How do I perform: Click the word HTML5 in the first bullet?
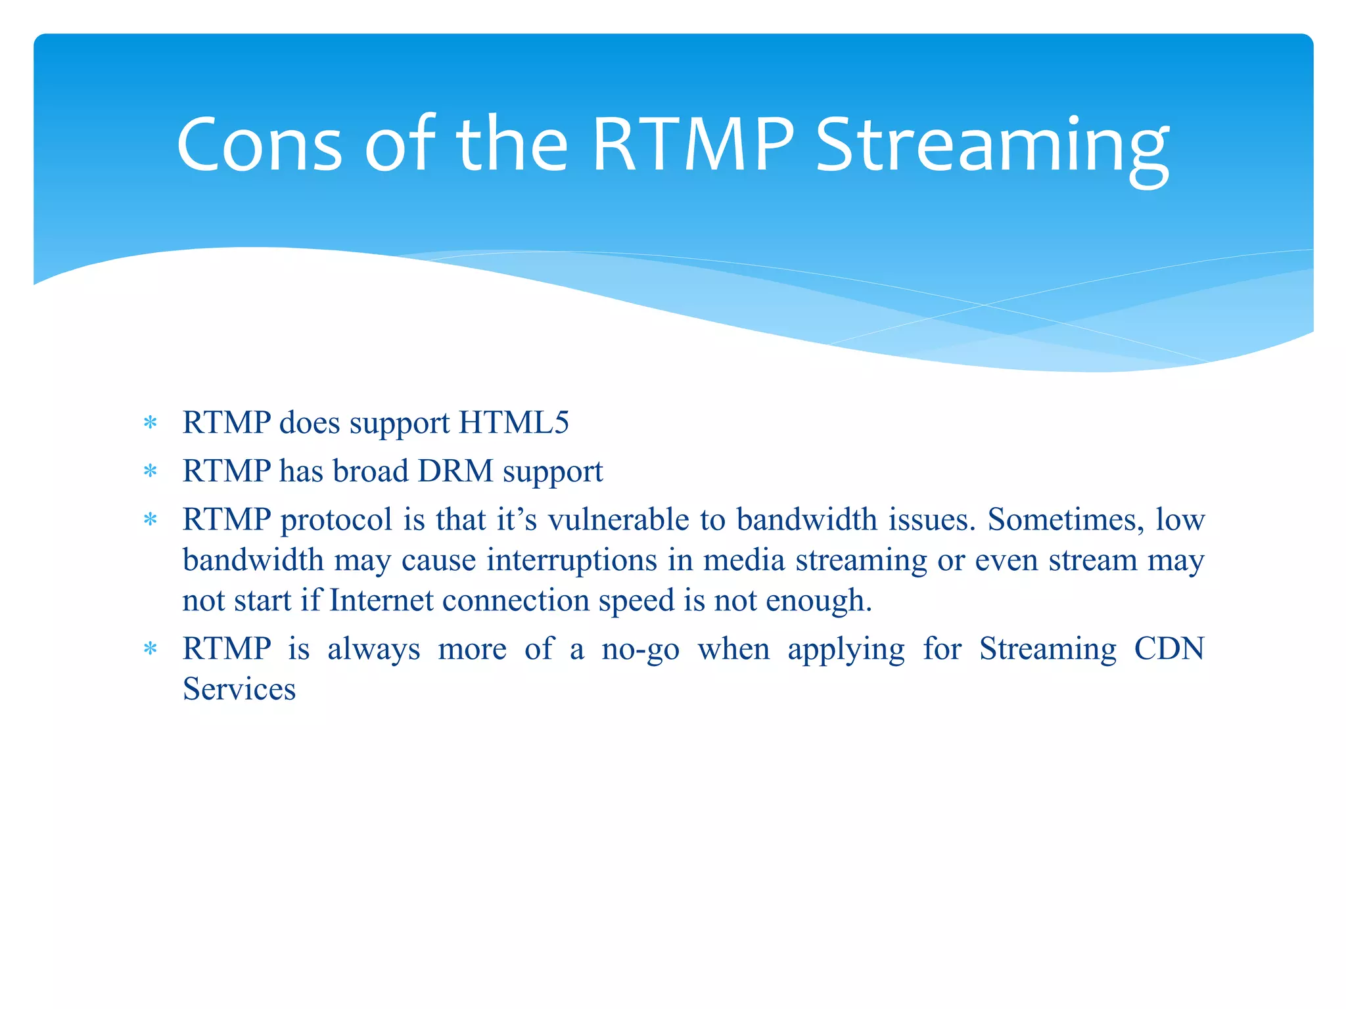tap(513, 422)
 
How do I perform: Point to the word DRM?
tap(455, 471)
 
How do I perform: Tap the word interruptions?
tap(571, 560)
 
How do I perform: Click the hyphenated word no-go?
tap(640, 649)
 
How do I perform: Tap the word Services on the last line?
tap(239, 689)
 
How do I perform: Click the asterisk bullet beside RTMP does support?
tap(151, 423)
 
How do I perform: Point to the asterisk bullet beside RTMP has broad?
tap(151, 472)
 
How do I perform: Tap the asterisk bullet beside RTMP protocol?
tap(151, 520)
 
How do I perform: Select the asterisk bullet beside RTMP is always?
tap(151, 650)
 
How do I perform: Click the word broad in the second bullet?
tap(370, 471)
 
